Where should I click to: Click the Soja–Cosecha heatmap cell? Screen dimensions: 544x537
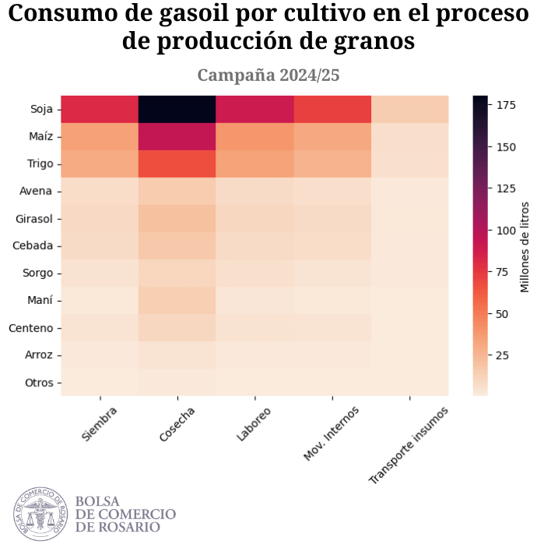tap(177, 110)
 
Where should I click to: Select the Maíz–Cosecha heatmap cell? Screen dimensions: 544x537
tap(177, 137)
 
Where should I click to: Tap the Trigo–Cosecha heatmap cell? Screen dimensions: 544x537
tap(177, 164)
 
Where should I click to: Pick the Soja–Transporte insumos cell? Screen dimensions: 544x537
tap(410, 110)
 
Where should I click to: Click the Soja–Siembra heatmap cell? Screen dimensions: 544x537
tap(99, 110)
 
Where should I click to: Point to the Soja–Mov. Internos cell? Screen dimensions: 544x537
tap(332, 110)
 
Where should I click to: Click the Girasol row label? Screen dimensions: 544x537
tap(34, 218)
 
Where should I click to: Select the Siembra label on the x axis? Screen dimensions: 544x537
tap(99, 424)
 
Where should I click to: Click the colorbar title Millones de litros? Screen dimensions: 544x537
tap(525, 246)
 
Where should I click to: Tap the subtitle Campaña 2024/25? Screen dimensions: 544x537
tap(268, 75)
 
